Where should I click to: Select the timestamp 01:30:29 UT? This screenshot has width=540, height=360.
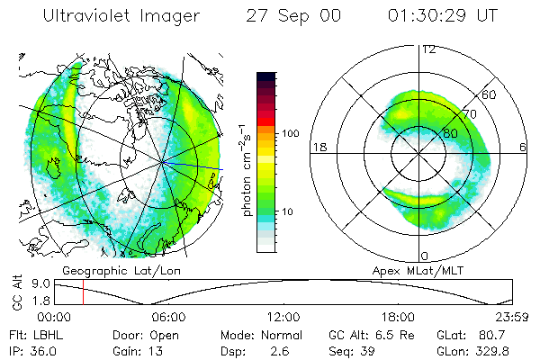(442, 16)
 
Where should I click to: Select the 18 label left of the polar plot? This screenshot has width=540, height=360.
(318, 147)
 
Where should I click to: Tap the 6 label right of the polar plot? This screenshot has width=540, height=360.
(523, 147)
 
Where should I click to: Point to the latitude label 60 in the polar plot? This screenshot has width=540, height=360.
(490, 94)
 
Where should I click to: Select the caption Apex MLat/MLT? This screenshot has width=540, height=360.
(415, 270)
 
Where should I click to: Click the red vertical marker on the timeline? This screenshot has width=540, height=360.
(83, 292)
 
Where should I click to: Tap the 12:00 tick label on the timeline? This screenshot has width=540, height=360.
(283, 317)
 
